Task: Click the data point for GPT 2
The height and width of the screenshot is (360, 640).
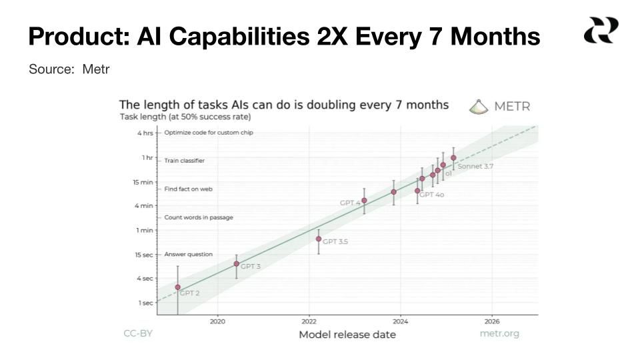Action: click(178, 287)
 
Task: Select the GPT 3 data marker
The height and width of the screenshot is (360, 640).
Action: click(237, 264)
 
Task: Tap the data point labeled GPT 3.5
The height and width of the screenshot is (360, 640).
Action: click(319, 239)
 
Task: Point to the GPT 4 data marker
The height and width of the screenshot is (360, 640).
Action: click(364, 201)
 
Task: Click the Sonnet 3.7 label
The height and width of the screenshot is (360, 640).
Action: click(475, 167)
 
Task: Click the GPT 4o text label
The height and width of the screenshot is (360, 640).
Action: click(431, 195)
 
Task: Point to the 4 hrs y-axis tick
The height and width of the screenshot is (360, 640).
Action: click(145, 133)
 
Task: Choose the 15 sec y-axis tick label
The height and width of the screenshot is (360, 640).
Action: click(144, 255)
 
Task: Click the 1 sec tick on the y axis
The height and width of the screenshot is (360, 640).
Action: click(146, 303)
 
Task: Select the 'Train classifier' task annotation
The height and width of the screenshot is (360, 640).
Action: click(185, 161)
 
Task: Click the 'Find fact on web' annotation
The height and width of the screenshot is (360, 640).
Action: click(188, 189)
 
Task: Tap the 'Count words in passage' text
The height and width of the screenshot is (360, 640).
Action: click(198, 217)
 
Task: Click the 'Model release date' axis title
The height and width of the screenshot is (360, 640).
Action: click(347, 335)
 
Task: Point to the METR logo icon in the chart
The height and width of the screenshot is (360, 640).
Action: click(479, 107)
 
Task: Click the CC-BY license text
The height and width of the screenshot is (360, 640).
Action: click(138, 333)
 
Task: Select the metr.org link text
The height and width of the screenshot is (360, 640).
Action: click(499, 333)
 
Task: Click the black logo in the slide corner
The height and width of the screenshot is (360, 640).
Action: click(601, 31)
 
